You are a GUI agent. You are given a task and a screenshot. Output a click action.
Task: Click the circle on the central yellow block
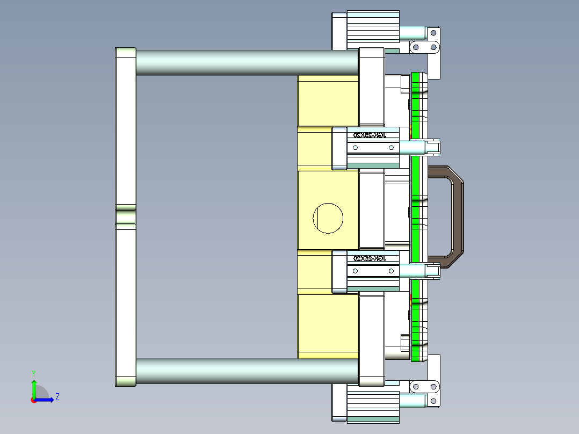pos(328,218)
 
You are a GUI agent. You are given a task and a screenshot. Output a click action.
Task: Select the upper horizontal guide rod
pos(247,62)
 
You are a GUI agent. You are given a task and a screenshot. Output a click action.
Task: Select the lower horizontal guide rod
pos(247,371)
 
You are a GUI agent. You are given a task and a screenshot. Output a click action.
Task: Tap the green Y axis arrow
pos(33,387)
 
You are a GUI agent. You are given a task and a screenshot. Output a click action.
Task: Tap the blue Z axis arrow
pos(46,399)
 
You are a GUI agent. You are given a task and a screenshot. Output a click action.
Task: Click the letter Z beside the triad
pos(57,397)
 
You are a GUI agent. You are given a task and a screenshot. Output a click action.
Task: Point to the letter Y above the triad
pos(33,373)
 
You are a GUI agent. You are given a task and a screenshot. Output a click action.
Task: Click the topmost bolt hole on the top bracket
pos(433,32)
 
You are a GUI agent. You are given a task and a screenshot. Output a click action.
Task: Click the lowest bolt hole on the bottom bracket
pos(433,401)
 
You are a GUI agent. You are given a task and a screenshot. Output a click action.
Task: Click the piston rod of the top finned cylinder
pos(414,33)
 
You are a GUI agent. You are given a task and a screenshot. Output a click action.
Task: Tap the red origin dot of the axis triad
pos(33,400)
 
